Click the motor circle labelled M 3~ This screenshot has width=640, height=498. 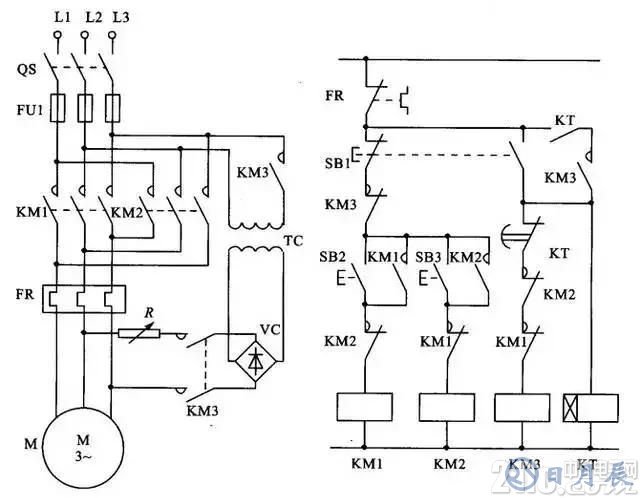pos(84,441)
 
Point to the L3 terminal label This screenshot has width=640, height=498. pos(120,18)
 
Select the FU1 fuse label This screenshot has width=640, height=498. pos(28,101)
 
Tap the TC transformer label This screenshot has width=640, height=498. pos(294,242)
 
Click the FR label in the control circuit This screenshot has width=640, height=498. pos(336,97)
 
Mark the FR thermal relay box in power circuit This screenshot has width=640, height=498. pos(84,297)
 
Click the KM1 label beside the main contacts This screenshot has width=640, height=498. pos(28,213)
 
